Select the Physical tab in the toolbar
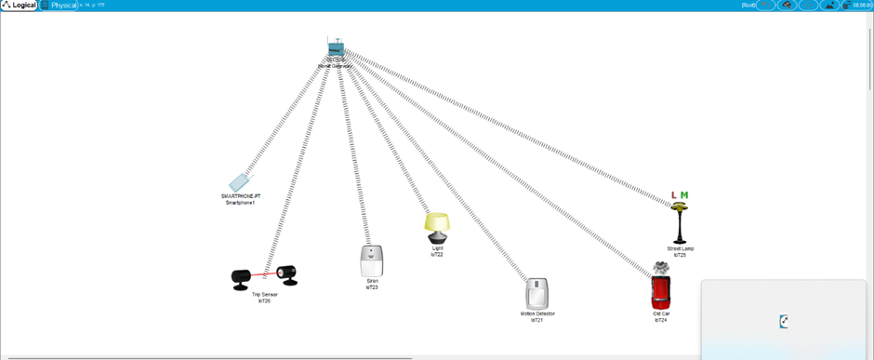(61, 6)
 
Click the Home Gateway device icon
(336, 48)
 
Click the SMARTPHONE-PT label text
(239, 196)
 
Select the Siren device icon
(372, 260)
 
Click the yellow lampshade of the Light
(437, 222)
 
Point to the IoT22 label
(437, 254)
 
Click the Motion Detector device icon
(537, 294)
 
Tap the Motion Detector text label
(537, 313)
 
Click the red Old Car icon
(661, 293)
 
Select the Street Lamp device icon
(680, 224)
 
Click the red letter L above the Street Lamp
(674, 195)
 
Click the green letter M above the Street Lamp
(684, 195)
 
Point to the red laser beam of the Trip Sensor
(263, 275)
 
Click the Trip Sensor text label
(264, 295)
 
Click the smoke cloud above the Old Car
(661, 268)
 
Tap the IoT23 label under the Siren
(372, 287)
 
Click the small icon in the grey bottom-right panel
(785, 322)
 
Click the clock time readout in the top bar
(862, 6)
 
